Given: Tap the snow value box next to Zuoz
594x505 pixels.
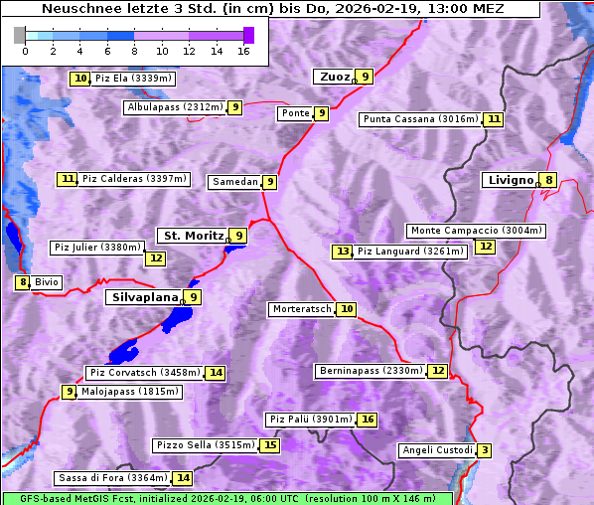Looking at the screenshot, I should coord(366,77).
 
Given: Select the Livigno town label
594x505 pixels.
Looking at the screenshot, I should coord(509,180).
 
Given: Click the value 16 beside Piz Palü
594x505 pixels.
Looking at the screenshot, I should coord(368,420).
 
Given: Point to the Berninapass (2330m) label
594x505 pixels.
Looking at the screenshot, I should coord(371,371).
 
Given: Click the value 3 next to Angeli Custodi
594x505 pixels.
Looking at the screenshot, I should coord(484,450).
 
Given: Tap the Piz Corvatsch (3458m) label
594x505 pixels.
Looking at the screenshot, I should coord(144,373).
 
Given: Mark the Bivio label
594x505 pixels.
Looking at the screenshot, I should coord(47,282).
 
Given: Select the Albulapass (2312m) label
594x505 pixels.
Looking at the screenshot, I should coord(174,107).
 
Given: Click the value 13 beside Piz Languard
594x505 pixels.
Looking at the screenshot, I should coord(343,252).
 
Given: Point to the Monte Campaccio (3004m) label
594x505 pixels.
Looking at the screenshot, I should coord(476,231).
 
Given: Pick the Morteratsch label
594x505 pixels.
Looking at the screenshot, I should coord(301,309).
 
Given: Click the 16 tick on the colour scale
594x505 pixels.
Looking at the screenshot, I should coord(244,51).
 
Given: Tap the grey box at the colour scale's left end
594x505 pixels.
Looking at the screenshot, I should coord(20,35).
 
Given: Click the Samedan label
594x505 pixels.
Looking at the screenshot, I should coord(234,182).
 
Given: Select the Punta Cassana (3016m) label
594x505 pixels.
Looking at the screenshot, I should coord(419,119).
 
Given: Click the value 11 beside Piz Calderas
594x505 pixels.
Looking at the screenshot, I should coord(68,179).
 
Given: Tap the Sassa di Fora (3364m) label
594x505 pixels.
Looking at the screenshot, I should coord(111,478).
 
